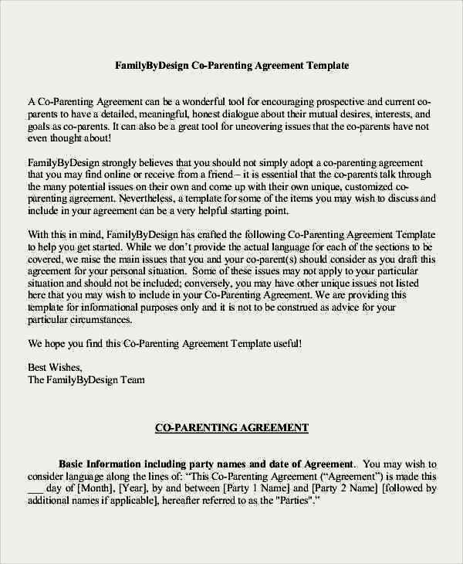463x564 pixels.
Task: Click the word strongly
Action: (114, 163)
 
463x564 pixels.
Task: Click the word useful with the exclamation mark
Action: (282, 343)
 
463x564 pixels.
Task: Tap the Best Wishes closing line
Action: (54, 367)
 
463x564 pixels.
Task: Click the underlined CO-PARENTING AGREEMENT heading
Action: (231, 427)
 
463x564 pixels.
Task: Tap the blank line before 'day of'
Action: (35, 490)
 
